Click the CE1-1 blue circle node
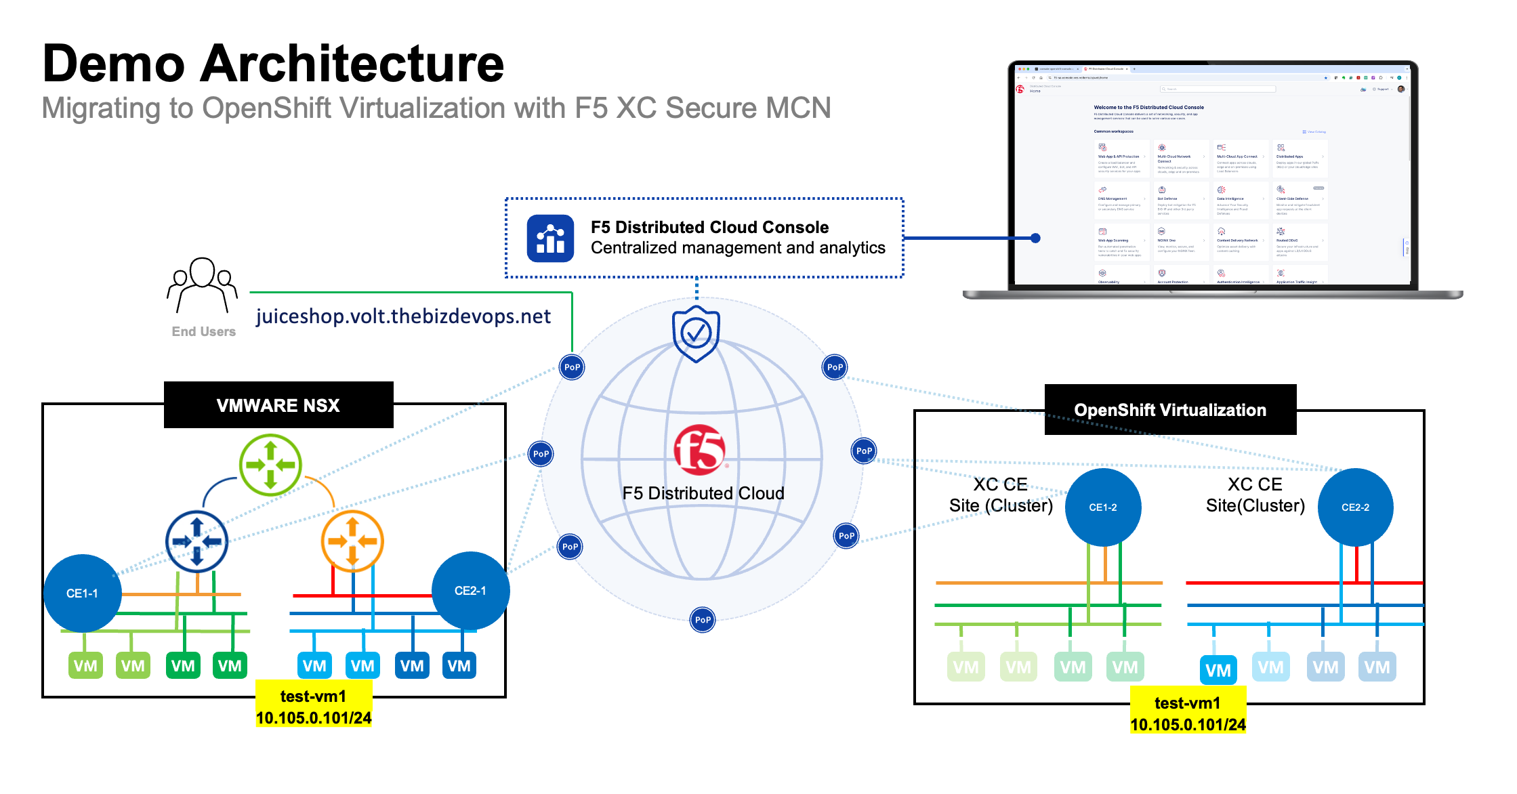pos(82,593)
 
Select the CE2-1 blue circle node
pos(470,591)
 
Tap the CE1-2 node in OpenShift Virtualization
pos(1102,507)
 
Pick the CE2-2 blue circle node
pos(1355,507)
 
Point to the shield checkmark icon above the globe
pos(696,333)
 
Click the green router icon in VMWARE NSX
pos(270,465)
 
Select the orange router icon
pos(352,541)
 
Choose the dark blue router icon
pos(197,541)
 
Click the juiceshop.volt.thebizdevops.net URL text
pos(403,316)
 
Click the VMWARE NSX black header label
pos(278,405)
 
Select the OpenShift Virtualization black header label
pos(1170,410)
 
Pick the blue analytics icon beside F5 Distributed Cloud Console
pos(550,238)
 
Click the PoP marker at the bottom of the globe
pos(703,620)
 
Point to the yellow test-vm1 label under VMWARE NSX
pos(314,707)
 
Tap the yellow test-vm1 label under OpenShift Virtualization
pos(1188,714)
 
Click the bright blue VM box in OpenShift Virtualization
pos(1218,671)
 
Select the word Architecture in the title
pos(352,64)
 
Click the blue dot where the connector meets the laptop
pos(1035,238)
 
